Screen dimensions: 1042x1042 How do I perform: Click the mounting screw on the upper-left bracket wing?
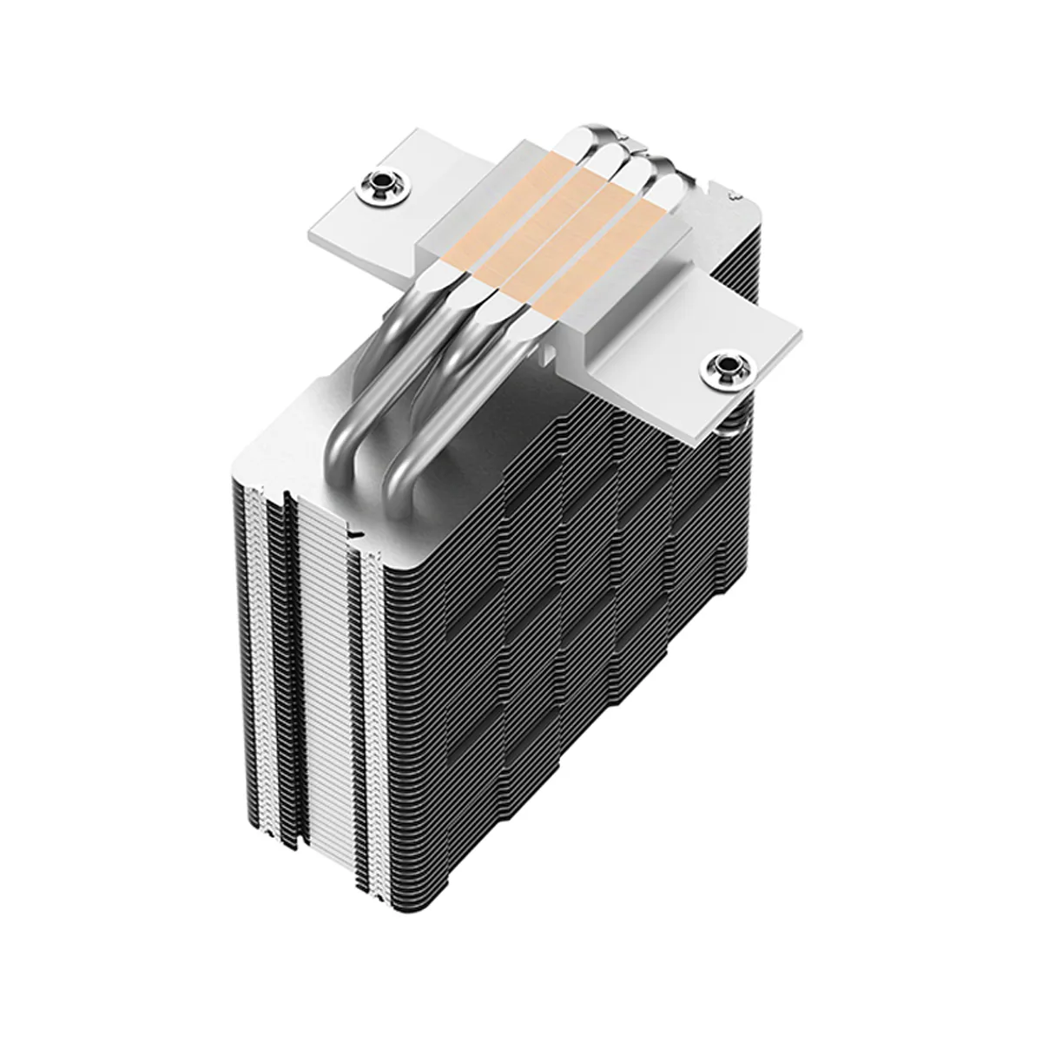380,183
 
